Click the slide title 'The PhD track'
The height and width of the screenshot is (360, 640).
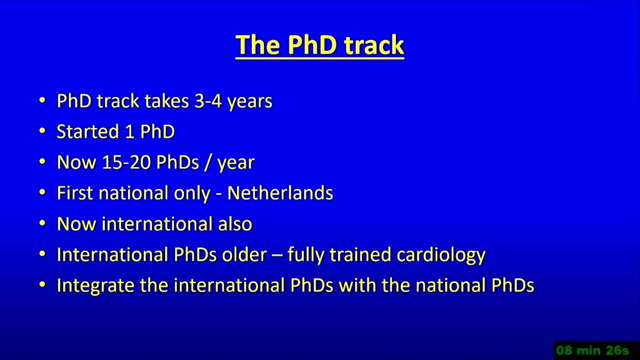[319, 45]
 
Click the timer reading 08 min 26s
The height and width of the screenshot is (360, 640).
[593, 350]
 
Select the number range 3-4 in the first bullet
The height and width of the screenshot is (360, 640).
[208, 101]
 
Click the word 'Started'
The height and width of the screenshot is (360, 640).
[87, 131]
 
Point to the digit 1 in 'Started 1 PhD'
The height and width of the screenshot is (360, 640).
[130, 131]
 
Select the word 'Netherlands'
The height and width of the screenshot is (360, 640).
[280, 193]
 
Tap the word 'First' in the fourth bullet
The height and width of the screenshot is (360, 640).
[75, 193]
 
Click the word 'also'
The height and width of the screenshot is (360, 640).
[235, 223]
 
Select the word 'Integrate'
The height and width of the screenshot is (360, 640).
[95, 286]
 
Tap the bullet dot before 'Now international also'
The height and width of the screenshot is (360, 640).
[42, 223]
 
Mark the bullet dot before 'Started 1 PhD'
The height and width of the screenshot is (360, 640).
[42, 131]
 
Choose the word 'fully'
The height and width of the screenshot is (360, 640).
[306, 255]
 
